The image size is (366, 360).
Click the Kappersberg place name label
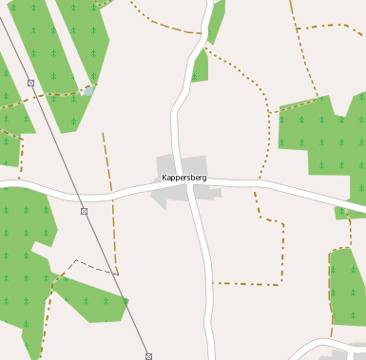pyautogui.click(x=184, y=178)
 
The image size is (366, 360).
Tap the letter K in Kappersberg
pyautogui.click(x=164, y=178)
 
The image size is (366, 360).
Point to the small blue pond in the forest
pyautogui.click(x=87, y=92)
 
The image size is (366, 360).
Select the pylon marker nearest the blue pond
pyautogui.click(x=31, y=84)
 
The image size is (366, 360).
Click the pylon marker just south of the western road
pyautogui.click(x=84, y=211)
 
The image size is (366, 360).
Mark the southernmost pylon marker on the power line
pyautogui.click(x=148, y=356)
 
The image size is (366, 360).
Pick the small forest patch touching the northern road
pyautogui.click(x=199, y=66)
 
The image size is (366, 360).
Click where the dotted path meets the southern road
pyautogui.click(x=212, y=283)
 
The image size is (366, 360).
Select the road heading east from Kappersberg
pyautogui.click(x=285, y=184)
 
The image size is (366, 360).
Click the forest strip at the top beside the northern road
pyautogui.click(x=216, y=21)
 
